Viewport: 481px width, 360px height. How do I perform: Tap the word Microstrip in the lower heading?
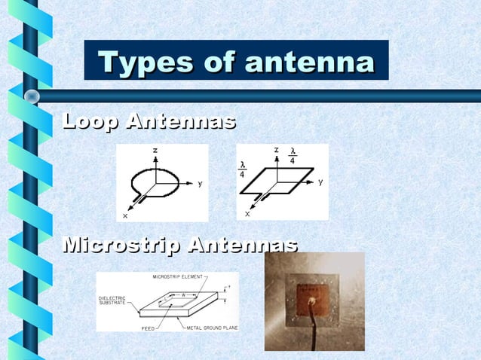tap(121, 245)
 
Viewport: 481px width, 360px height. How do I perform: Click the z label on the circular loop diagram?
tap(155, 151)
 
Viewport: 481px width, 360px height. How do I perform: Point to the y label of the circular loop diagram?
tap(200, 183)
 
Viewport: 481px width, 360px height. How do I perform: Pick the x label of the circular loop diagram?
tap(125, 215)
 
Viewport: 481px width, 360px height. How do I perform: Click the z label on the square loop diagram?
tap(277, 150)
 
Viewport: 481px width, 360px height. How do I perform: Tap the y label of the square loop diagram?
tap(320, 182)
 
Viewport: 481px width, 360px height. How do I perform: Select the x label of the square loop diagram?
tap(247, 215)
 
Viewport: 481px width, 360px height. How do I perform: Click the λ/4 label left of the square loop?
tap(243, 169)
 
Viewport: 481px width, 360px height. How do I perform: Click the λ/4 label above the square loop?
tap(293, 155)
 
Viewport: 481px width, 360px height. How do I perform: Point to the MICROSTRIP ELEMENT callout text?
tap(178, 277)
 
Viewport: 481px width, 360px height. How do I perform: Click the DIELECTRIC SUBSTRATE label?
tap(112, 301)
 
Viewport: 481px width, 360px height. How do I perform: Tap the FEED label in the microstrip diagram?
tap(149, 328)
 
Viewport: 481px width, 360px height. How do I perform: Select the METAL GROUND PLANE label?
tap(210, 328)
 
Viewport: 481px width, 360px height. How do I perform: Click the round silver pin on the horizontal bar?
tap(32, 96)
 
